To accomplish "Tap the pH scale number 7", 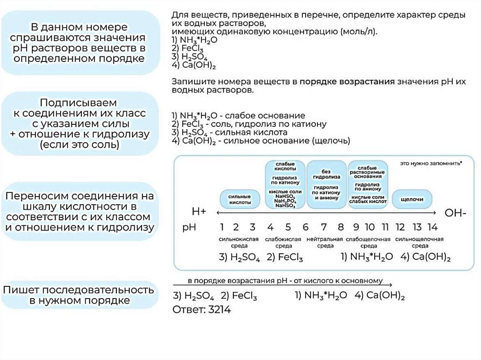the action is pos(324,228).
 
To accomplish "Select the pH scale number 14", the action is pos(432,228).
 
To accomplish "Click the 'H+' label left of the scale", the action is pos(199,212).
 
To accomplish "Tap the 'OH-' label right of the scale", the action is pos(455,213).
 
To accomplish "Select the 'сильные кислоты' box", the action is pos(240,199).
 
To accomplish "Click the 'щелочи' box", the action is pos(412,199).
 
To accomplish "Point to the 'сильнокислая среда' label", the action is pos(239,242).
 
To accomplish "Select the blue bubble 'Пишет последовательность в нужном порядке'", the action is pos(78,295).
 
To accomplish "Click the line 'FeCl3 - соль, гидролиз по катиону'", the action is pos(249,124).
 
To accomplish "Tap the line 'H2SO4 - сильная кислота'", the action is pos(232,132).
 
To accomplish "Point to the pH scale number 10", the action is pos(370,228).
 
